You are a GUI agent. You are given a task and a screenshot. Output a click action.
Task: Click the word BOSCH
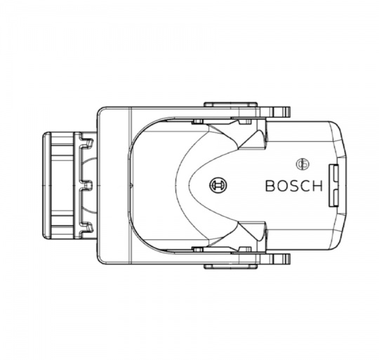293,187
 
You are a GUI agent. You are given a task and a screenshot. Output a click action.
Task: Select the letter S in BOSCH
293,187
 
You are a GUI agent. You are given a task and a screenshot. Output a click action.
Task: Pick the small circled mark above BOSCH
303,164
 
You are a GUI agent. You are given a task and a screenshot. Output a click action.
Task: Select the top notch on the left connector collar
88,143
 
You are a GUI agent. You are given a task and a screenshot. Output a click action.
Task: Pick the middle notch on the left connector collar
88,185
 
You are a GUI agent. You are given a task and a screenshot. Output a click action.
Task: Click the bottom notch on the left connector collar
88,227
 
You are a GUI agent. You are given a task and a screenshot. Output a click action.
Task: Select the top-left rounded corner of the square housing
101,110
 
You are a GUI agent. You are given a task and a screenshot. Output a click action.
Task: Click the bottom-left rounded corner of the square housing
101,261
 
